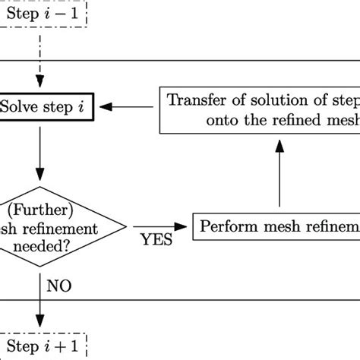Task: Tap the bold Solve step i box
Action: [47, 107]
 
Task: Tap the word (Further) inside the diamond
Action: [38, 207]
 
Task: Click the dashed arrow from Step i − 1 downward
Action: [39, 57]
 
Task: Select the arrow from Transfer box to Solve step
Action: [129, 107]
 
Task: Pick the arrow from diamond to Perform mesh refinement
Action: [159, 226]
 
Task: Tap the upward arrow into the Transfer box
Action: [279, 171]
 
